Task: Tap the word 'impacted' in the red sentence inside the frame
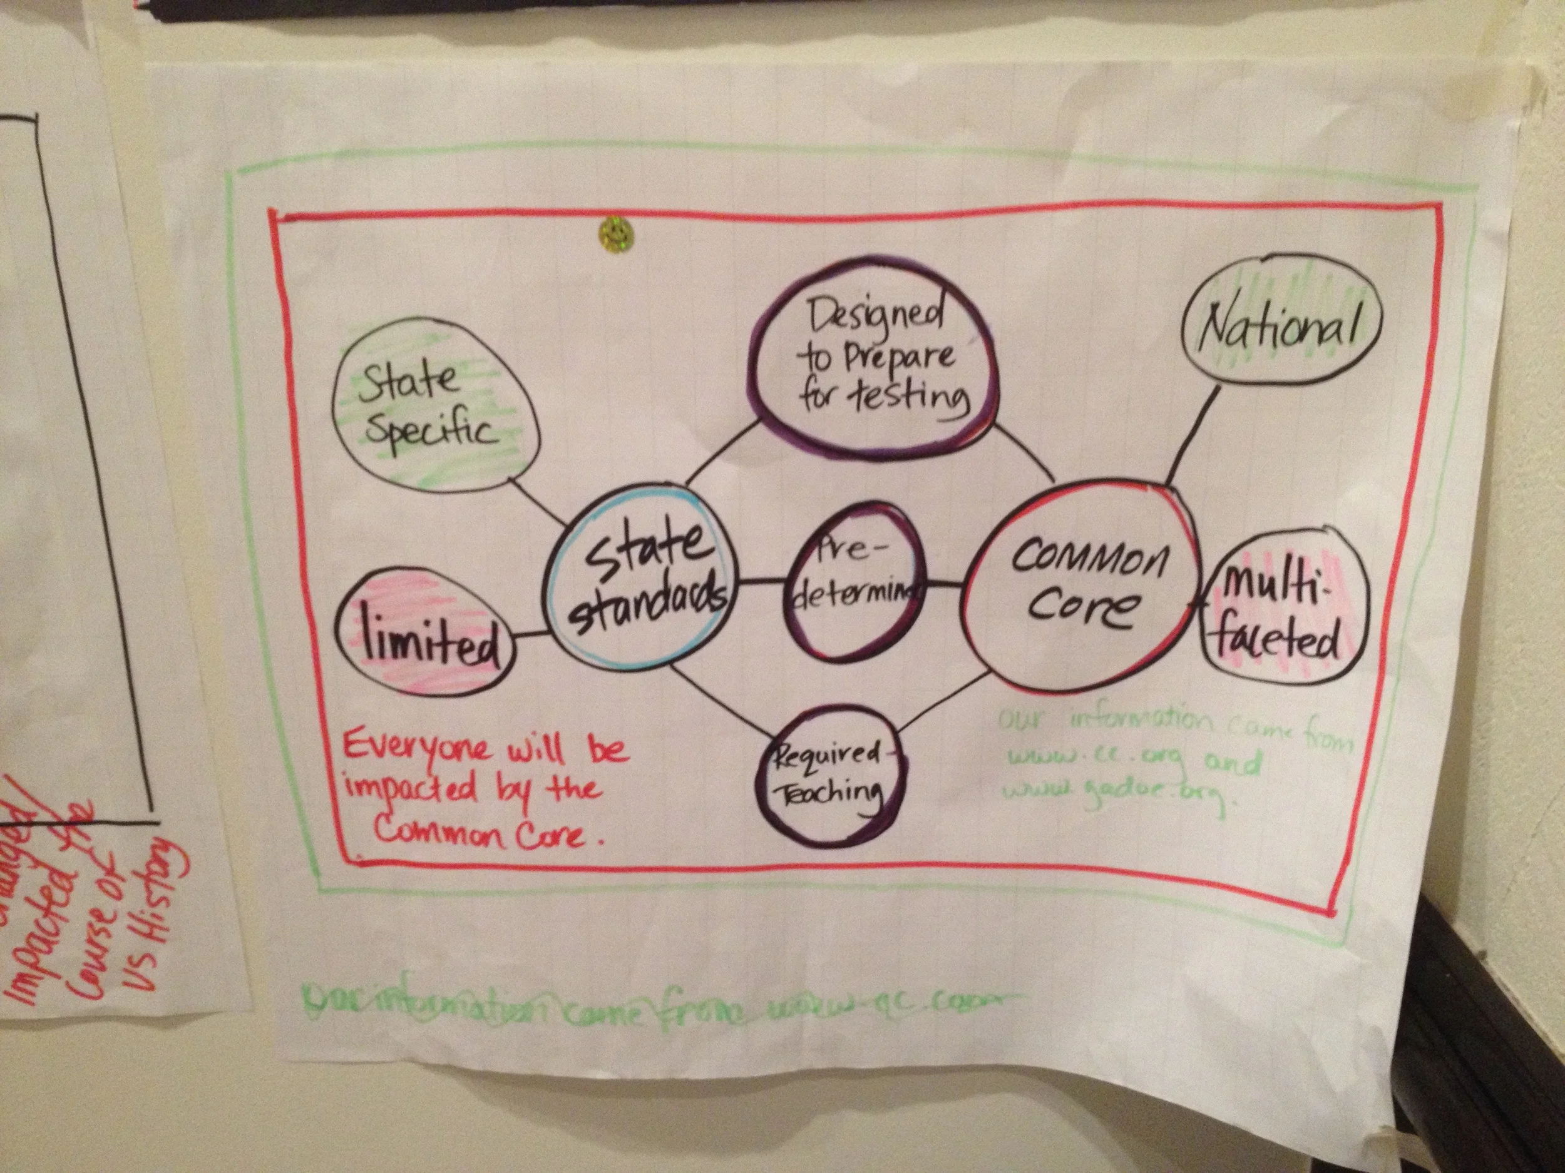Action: [x=411, y=789]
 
